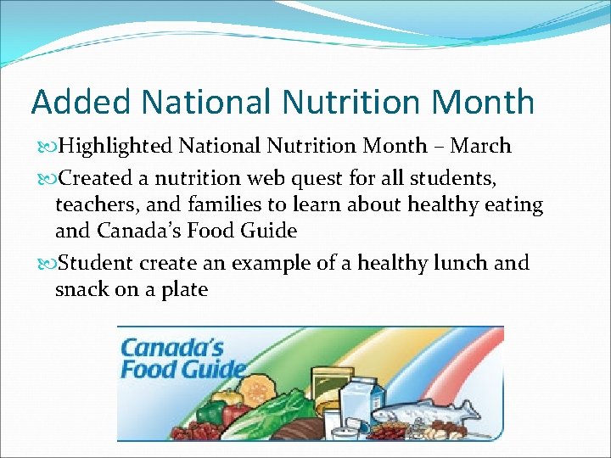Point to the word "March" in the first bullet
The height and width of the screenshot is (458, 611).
[480, 146]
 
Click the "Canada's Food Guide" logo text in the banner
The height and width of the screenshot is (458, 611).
[182, 359]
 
